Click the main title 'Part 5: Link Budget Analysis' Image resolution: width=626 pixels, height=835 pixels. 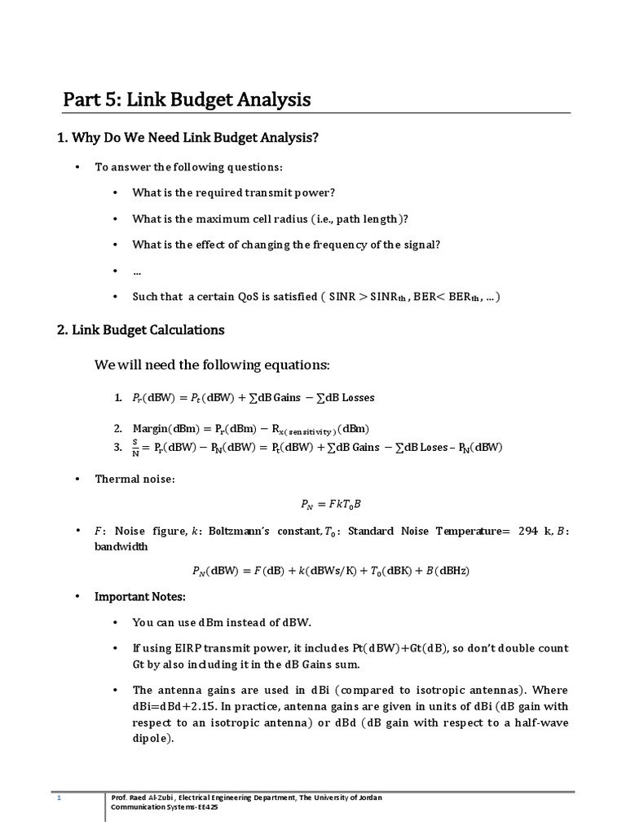pos(187,100)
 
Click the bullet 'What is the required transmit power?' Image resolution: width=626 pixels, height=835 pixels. pos(234,193)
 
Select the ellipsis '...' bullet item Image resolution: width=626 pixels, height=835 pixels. pos(138,272)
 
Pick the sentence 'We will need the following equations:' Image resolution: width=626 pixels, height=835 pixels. pos(212,364)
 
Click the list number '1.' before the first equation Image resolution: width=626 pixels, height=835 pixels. pos(118,398)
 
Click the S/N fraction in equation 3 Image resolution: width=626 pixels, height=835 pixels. pos(135,448)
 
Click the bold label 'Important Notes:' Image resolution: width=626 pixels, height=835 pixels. pos(140,597)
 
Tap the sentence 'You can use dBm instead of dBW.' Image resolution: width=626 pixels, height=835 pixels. pos(223,622)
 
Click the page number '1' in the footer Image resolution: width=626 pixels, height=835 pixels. pos(59,798)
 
